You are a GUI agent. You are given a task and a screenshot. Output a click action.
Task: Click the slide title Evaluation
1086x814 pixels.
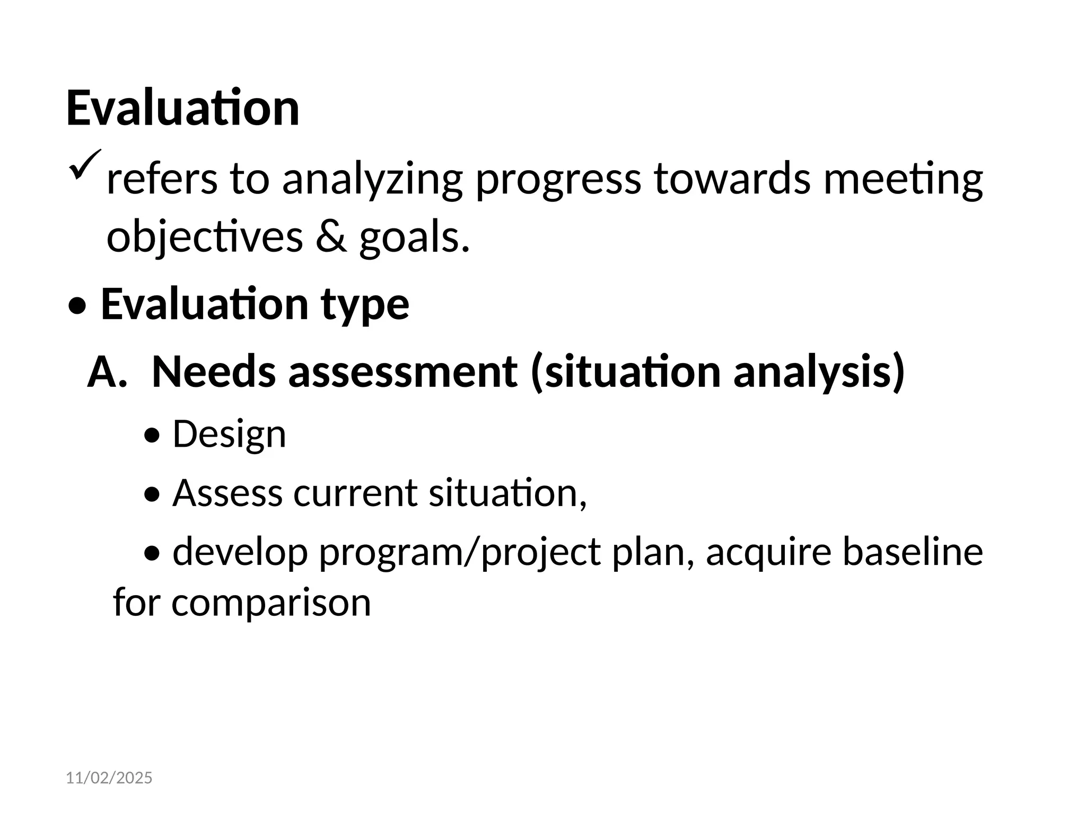(182, 109)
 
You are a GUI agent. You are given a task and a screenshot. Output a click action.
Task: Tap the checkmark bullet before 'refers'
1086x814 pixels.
(84, 165)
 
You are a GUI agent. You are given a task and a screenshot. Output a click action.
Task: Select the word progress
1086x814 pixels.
(558, 179)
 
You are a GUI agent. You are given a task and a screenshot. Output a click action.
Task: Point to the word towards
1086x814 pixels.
(732, 179)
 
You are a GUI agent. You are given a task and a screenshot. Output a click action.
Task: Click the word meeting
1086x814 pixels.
(903, 179)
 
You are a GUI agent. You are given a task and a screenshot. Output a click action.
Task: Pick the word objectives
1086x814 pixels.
(205, 237)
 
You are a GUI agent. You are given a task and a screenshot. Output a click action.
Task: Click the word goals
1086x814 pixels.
(414, 237)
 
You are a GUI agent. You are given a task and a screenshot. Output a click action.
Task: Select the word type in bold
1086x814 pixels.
(365, 305)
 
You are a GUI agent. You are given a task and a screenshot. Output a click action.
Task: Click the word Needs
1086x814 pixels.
(213, 372)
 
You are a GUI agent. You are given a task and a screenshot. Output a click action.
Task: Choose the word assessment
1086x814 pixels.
(402, 372)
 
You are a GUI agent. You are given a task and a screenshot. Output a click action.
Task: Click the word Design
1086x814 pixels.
(229, 434)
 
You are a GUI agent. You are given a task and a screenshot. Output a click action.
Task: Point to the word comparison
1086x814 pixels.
(271, 603)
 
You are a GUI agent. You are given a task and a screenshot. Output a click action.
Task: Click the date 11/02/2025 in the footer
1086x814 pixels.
(109, 778)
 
